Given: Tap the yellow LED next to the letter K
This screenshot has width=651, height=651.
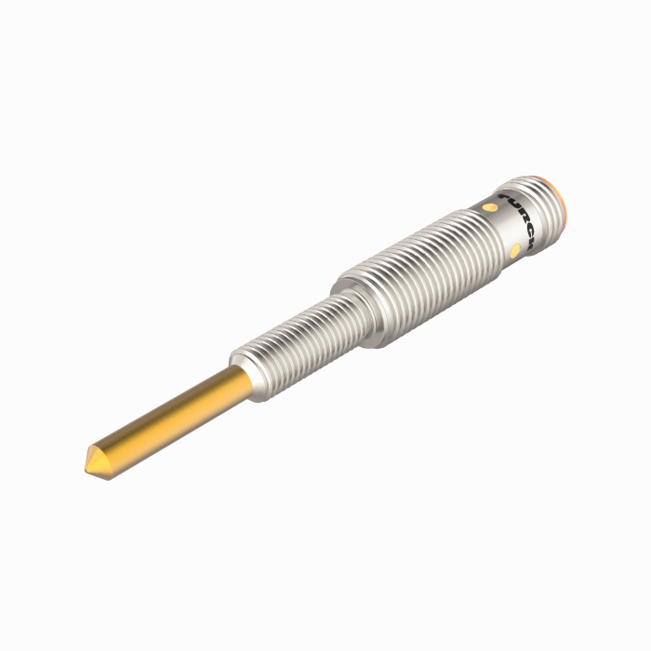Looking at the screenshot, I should pyautogui.click(x=516, y=250).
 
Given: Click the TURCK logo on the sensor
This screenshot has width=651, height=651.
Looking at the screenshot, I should pyautogui.click(x=520, y=220).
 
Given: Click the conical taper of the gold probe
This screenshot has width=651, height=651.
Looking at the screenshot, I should pyautogui.click(x=95, y=458).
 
